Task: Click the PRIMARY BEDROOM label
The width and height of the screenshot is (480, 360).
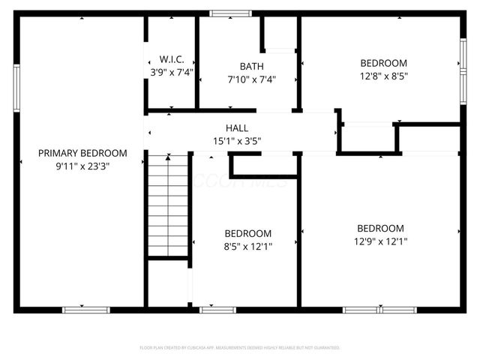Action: click(x=82, y=153)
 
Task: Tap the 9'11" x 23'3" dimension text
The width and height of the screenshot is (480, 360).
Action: click(x=82, y=166)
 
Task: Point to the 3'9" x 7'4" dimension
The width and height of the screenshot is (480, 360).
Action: click(x=172, y=73)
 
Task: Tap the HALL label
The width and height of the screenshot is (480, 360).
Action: click(x=237, y=128)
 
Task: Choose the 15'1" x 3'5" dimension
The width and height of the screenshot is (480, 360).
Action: click(x=237, y=141)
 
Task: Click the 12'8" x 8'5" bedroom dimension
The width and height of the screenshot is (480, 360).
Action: click(x=383, y=76)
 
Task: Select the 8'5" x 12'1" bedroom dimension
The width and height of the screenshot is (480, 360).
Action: click(x=248, y=246)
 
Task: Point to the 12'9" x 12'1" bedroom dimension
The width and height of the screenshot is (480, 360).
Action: click(x=380, y=241)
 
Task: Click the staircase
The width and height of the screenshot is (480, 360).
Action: click(x=167, y=204)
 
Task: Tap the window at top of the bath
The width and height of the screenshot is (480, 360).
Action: click(x=231, y=13)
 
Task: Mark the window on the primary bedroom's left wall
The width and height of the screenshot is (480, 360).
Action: click(x=16, y=88)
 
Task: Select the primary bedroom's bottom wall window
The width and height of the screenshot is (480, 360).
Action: click(x=85, y=309)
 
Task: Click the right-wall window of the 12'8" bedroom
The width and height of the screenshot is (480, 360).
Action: click(x=463, y=64)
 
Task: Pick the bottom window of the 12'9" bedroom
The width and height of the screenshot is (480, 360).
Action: click(x=379, y=309)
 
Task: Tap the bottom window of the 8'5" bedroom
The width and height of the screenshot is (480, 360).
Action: click(x=217, y=309)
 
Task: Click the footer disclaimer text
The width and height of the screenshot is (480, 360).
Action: click(x=240, y=348)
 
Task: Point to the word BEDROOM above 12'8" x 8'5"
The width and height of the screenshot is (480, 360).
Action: click(x=383, y=63)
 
